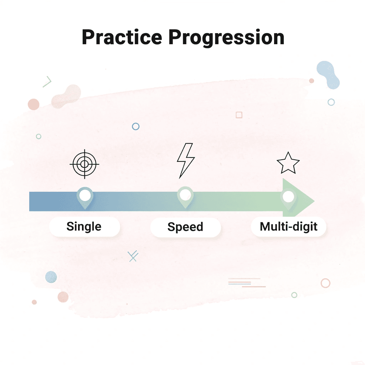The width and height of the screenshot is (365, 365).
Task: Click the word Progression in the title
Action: (x=226, y=37)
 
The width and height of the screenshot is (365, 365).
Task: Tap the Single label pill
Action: (x=84, y=227)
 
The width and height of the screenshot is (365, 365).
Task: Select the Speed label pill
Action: (x=185, y=227)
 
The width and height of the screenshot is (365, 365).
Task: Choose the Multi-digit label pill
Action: (x=288, y=227)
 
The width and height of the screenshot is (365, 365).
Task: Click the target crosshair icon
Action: (x=84, y=164)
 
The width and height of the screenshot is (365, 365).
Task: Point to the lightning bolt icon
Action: (x=186, y=160)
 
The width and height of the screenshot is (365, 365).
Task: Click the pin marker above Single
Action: (x=85, y=196)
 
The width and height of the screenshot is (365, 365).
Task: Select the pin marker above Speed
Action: (x=185, y=196)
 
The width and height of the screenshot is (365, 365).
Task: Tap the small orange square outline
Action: (x=239, y=115)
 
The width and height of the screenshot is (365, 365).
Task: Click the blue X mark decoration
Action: (x=133, y=256)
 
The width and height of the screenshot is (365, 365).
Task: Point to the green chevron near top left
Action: (x=47, y=82)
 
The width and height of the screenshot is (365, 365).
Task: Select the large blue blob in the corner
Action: (x=328, y=74)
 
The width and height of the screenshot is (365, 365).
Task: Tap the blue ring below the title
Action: (x=135, y=127)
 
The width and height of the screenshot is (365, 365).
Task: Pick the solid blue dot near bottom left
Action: (x=51, y=277)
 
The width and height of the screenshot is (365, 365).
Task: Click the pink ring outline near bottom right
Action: (x=325, y=283)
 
